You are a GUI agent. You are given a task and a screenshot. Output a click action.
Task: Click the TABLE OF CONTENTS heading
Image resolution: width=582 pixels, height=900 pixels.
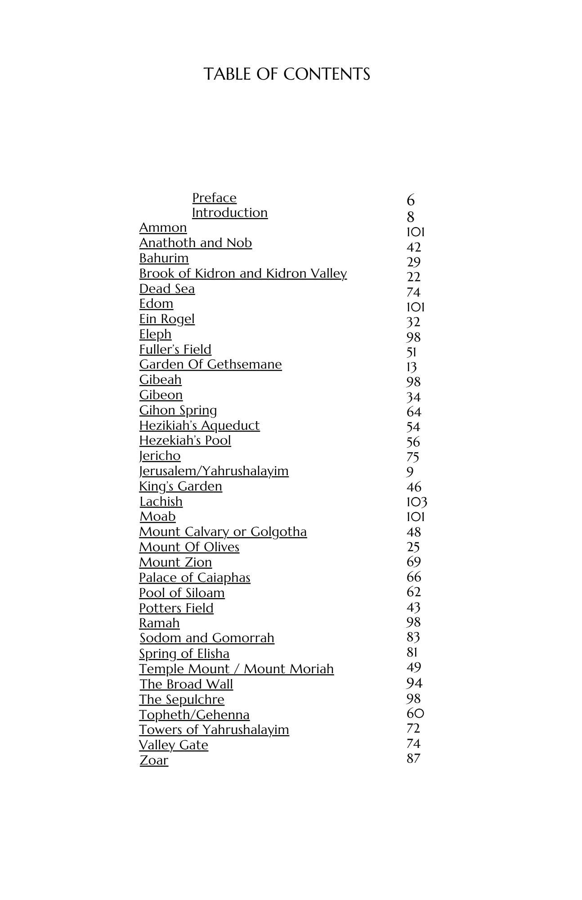pyautogui.click(x=287, y=74)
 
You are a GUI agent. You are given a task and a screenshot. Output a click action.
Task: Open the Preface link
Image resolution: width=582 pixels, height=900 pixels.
pyautogui.click(x=214, y=198)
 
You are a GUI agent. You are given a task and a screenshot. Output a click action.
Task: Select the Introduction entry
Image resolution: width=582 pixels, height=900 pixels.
pyautogui.click(x=229, y=213)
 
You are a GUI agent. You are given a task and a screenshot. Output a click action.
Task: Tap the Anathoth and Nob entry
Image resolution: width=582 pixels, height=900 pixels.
pyautogui.click(x=195, y=243)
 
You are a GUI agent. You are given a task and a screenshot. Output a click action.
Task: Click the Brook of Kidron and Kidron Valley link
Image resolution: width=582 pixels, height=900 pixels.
pyautogui.click(x=243, y=274)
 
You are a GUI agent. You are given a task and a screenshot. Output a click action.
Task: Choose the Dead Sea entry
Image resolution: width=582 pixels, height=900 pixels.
pyautogui.click(x=167, y=289)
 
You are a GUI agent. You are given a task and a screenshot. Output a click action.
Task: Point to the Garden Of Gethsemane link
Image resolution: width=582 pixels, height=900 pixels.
pyautogui.click(x=210, y=364)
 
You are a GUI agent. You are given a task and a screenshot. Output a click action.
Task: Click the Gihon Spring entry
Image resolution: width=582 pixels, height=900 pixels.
pyautogui.click(x=178, y=410)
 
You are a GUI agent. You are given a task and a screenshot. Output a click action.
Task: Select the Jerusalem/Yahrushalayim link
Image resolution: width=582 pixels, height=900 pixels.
pyautogui.click(x=214, y=471)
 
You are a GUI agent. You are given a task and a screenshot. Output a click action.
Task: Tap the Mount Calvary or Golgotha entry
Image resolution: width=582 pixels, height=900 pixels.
pyautogui.click(x=223, y=532)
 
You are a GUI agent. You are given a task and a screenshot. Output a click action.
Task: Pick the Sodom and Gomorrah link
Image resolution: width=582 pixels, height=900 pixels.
pyautogui.click(x=206, y=638)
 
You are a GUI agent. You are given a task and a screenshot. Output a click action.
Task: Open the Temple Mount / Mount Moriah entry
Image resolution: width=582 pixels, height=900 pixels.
pyautogui.click(x=236, y=669)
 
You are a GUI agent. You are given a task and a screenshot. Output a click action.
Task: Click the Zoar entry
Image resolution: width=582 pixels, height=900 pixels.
pyautogui.click(x=153, y=760)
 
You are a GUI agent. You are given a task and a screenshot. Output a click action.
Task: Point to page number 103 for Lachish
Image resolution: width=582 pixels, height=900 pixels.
pyautogui.click(x=416, y=502)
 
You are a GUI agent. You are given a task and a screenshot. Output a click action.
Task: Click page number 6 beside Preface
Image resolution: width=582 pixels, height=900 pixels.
pyautogui.click(x=410, y=201)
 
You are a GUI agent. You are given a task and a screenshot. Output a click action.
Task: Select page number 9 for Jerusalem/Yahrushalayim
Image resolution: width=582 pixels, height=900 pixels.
pyautogui.click(x=410, y=472)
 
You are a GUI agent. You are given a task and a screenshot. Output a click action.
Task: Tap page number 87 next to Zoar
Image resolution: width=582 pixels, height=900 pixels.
pyautogui.click(x=413, y=759)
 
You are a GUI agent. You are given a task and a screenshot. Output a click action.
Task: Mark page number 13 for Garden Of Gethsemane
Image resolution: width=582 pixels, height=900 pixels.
pyautogui.click(x=412, y=367)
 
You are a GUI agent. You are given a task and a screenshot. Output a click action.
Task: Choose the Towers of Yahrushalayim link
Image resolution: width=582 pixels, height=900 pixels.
pyautogui.click(x=214, y=730)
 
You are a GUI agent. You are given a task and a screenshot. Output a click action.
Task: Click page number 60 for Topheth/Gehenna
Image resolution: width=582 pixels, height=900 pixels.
pyautogui.click(x=415, y=713)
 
